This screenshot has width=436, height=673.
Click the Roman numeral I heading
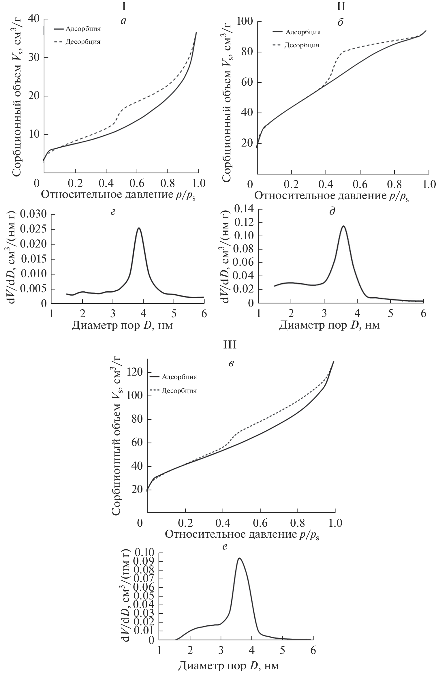click(x=124, y=7)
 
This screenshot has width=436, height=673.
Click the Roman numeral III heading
click(x=230, y=344)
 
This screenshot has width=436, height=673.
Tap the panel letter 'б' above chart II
click(x=341, y=22)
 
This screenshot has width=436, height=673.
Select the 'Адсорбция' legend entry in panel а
click(x=83, y=29)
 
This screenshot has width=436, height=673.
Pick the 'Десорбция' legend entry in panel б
click(x=302, y=45)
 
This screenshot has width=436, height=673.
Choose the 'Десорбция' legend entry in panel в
click(x=179, y=391)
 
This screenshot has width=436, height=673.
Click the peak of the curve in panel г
click(x=139, y=228)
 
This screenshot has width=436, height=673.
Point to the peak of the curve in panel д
click(x=343, y=226)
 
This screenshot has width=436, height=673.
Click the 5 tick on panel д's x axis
click(x=390, y=313)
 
